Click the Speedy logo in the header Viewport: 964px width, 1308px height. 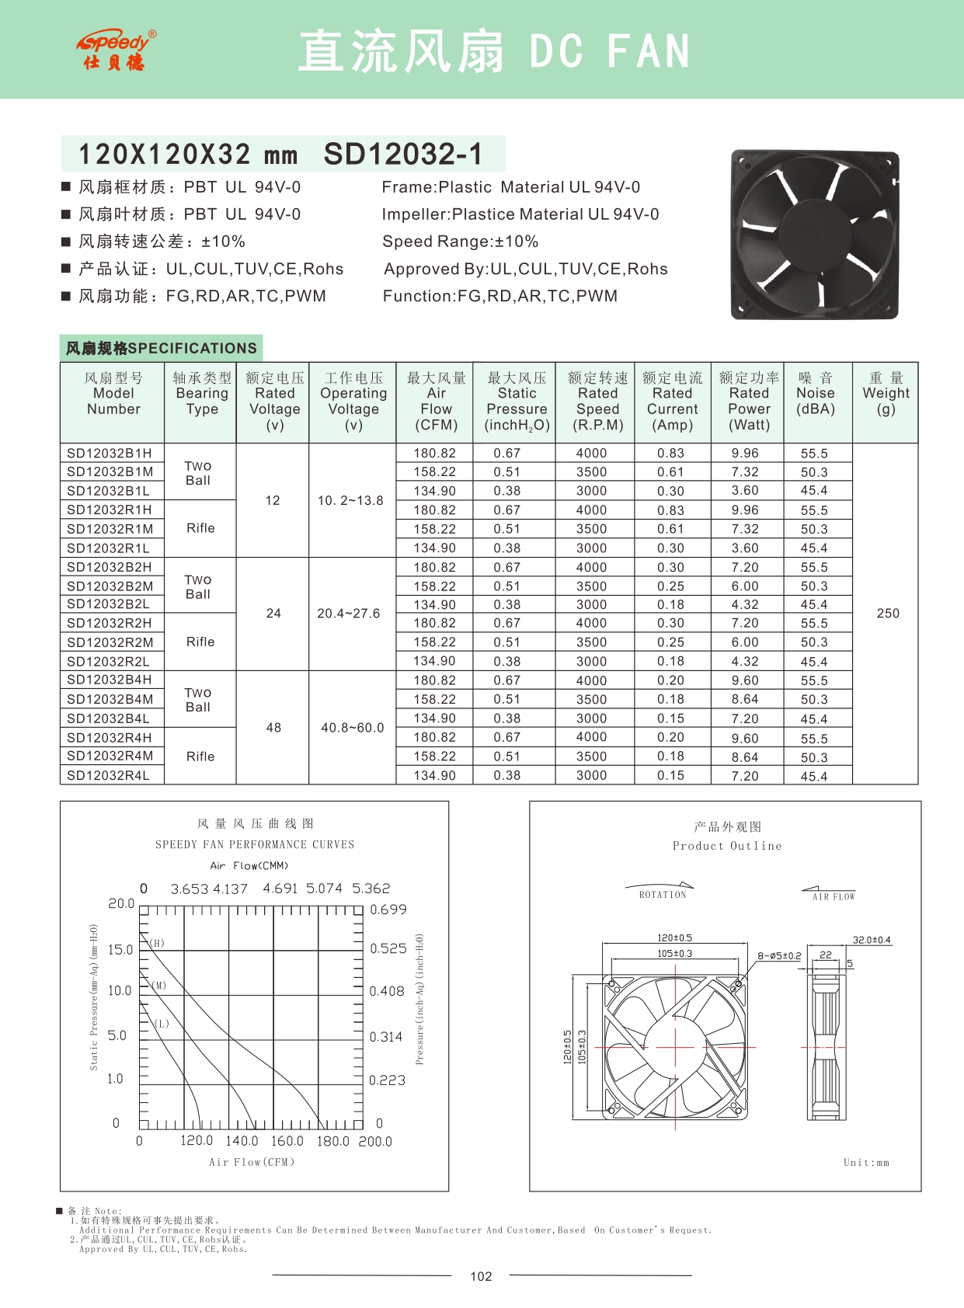point(116,50)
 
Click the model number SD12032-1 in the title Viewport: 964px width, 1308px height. point(403,154)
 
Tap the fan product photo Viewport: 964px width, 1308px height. point(813,235)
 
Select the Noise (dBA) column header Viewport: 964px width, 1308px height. point(816,393)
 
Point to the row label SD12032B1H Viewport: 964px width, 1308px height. point(110,454)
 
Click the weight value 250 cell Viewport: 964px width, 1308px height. point(887,614)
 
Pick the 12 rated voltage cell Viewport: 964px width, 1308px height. point(273,501)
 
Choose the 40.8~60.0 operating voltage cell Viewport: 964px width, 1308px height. point(352,728)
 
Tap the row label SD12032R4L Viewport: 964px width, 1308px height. point(108,775)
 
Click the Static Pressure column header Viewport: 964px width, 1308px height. point(517,402)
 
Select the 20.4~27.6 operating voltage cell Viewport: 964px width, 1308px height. point(348,614)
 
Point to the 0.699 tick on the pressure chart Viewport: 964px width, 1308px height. point(388,910)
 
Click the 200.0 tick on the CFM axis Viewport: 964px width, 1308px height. point(375,1142)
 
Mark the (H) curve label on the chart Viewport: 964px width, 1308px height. point(158,944)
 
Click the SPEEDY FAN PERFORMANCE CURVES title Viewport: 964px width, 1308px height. point(254,844)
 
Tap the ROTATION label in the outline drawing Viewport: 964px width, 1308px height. point(663,895)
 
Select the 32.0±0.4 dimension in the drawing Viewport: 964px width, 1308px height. point(872,940)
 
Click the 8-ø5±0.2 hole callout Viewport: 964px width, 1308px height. point(779,956)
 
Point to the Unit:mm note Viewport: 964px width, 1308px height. point(866,1163)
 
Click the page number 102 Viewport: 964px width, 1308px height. point(481,1276)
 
